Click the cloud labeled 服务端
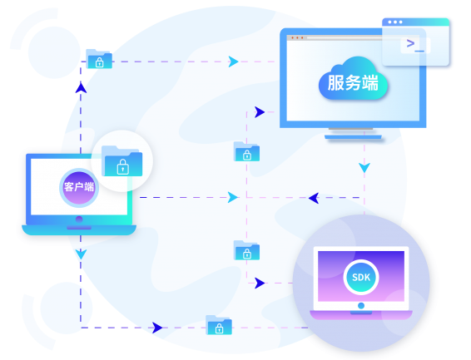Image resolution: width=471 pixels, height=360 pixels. pos(353,79)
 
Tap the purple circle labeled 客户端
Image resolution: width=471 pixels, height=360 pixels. pos(79,188)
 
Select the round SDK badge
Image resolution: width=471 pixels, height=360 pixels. pos(361,277)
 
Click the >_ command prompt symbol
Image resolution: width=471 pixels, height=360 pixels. pos(415,46)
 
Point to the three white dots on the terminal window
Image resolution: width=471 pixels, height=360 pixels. pos(395,22)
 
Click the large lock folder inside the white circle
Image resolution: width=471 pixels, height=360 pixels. pos(122,160)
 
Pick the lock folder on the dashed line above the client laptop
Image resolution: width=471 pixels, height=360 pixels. pos(99,59)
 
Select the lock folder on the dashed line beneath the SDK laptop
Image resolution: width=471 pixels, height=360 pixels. pos(219,325)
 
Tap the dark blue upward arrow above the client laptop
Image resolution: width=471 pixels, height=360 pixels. pos(81,87)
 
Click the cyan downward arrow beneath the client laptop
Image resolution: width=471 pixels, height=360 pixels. pos(81,254)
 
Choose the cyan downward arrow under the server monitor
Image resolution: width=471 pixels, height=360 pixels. pos(364,167)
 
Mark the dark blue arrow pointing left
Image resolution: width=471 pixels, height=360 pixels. pos(314,198)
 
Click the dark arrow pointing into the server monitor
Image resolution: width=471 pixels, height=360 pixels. pos(260,112)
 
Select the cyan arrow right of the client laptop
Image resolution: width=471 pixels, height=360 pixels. pos(232,197)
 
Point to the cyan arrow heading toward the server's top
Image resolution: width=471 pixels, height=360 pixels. pos(233,62)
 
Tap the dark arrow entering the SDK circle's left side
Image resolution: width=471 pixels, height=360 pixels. pos(260,283)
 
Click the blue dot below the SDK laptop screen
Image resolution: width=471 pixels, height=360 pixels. pos(361,306)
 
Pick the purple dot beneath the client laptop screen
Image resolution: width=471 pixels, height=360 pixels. pos(79,219)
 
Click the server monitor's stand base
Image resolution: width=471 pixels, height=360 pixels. pos(353,137)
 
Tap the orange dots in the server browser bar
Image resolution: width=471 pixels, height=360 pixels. pos(297,37)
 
